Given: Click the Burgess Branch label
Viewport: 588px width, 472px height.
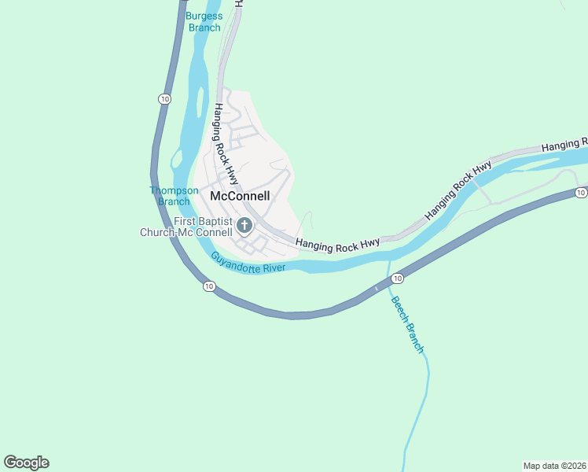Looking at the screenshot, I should point(204,21).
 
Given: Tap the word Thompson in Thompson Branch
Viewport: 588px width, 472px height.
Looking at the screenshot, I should point(174,190).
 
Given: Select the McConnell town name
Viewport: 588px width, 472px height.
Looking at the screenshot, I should point(240,196).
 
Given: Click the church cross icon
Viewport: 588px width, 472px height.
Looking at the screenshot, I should point(244,227).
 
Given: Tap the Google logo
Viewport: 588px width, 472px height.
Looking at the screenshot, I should point(26,463).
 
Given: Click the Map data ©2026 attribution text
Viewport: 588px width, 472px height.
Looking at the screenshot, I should point(554,465).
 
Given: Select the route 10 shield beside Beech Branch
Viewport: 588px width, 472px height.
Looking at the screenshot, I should point(398,278).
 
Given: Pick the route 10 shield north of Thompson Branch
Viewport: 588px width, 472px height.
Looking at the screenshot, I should point(164,98).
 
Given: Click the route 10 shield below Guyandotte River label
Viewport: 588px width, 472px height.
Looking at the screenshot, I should point(208,286).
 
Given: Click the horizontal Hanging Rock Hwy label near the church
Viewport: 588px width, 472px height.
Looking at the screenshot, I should point(338,245).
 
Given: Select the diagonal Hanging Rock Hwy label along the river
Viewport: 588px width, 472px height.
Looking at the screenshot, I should point(458,190).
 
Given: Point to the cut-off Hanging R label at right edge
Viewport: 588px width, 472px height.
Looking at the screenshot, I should point(564,145).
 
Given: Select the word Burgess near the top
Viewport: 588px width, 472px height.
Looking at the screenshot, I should point(204,16).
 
